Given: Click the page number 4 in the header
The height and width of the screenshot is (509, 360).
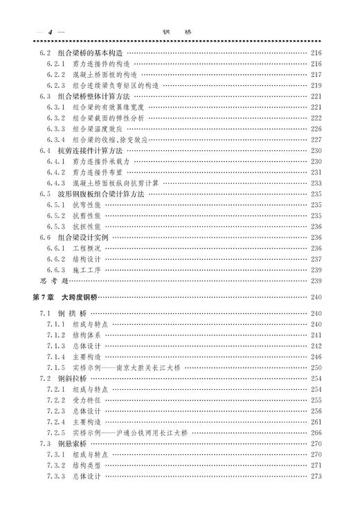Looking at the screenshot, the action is click(x=48, y=32).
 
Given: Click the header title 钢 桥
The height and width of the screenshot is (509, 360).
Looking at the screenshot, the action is click(x=179, y=32).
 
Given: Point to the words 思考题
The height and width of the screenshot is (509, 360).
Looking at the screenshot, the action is click(x=53, y=280).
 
